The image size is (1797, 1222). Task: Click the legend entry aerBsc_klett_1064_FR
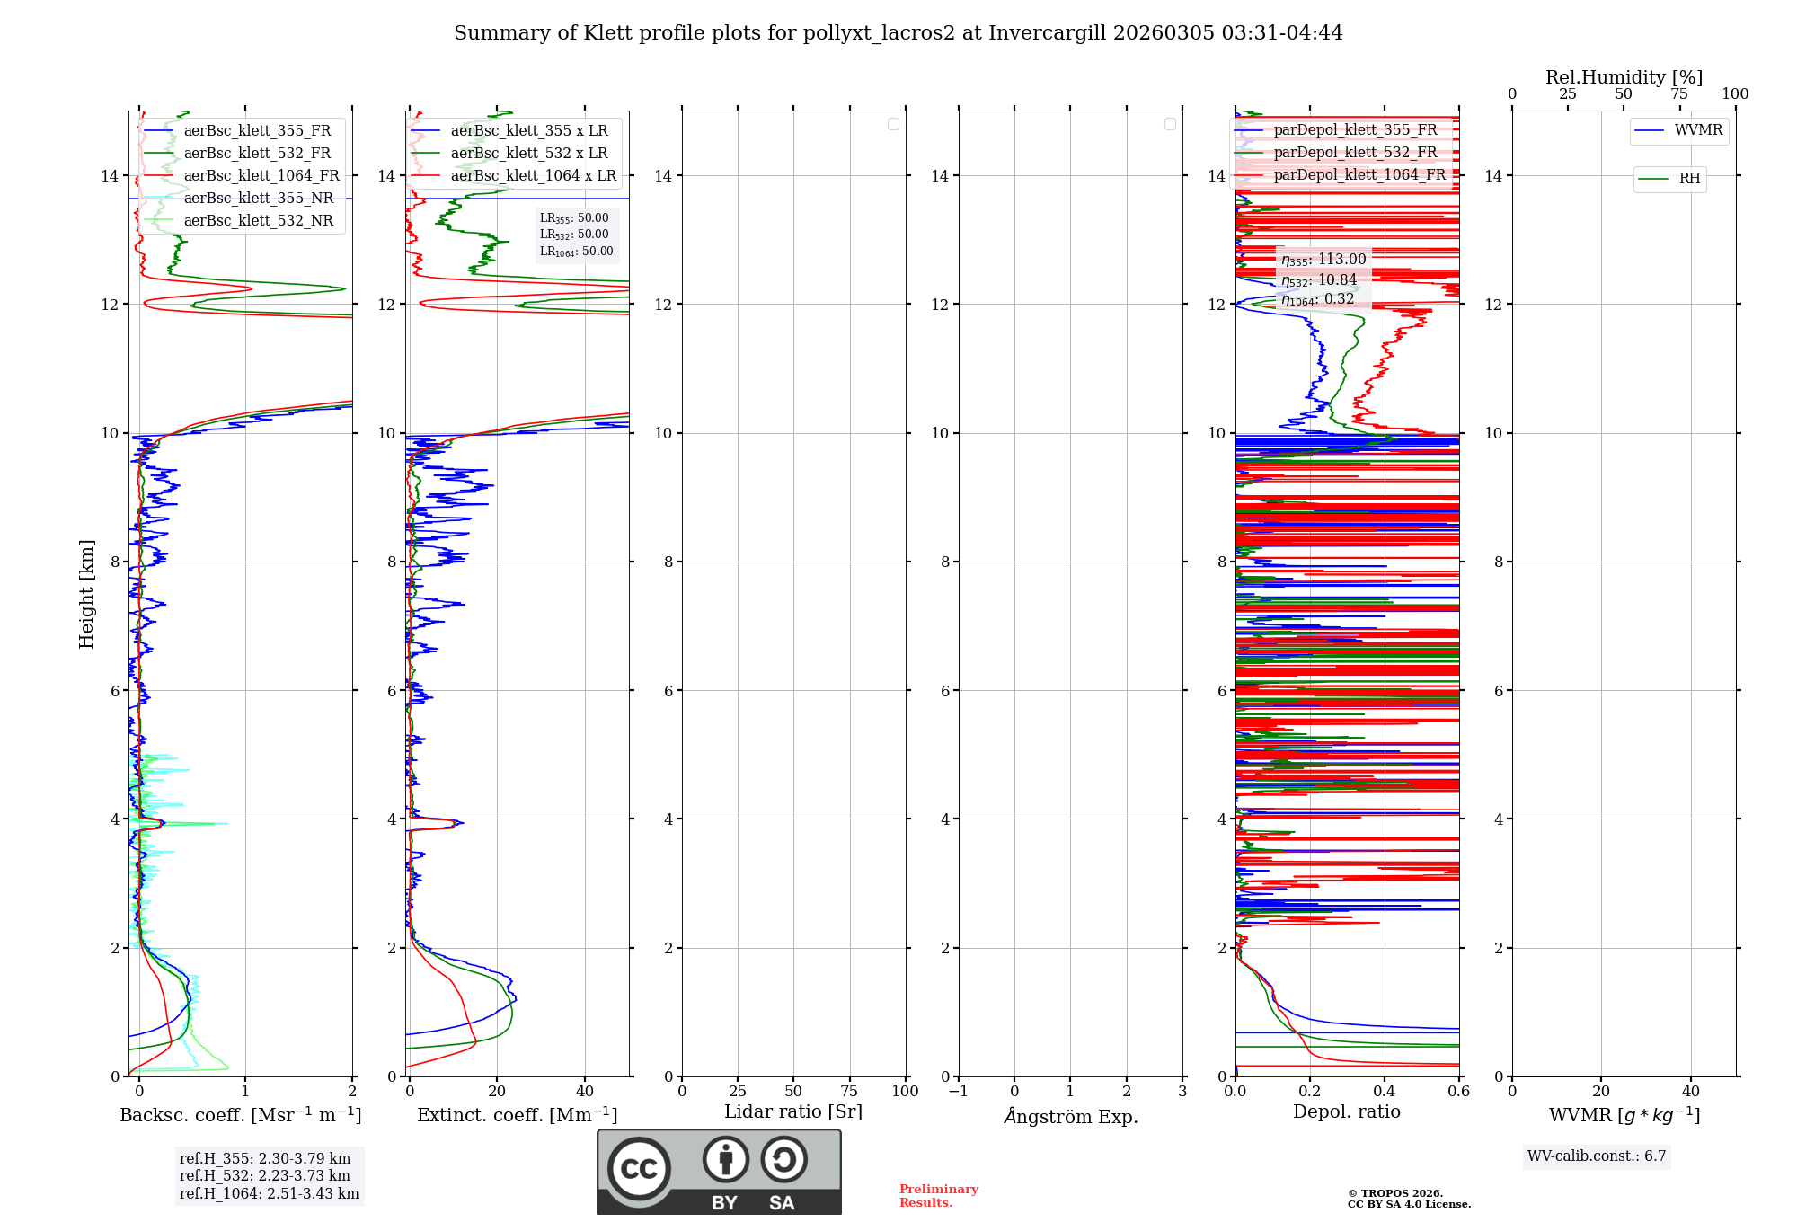click(261, 176)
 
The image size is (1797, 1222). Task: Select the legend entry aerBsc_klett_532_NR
click(258, 221)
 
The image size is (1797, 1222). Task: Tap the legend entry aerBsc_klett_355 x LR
click(528, 131)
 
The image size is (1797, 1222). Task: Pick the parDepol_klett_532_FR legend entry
click(1355, 153)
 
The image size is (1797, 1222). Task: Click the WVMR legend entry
click(1698, 130)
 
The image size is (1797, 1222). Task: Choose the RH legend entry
click(1689, 179)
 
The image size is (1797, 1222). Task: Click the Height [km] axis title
click(86, 594)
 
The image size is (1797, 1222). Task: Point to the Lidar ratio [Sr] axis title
click(793, 1111)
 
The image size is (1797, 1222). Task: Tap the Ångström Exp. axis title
click(1070, 1116)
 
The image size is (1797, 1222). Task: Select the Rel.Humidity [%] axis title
click(1624, 77)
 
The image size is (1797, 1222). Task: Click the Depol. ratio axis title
click(1346, 1111)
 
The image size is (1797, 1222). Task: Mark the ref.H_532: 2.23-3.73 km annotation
click(265, 1175)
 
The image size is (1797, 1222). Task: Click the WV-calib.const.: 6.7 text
click(1597, 1156)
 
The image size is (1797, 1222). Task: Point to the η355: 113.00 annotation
click(1323, 260)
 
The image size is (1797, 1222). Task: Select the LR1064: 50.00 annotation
click(576, 252)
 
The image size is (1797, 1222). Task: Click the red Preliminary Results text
click(938, 1196)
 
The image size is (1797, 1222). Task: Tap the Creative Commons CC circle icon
click(639, 1169)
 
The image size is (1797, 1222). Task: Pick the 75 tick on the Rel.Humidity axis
click(1679, 94)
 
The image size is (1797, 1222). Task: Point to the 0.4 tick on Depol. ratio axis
click(1384, 1092)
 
